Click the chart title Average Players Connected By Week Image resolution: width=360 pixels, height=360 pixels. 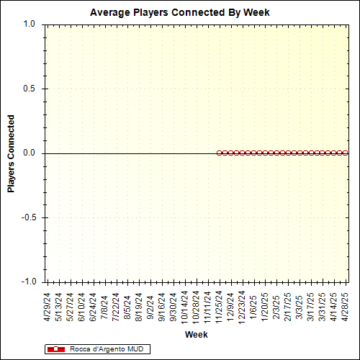pyautogui.click(x=180, y=12)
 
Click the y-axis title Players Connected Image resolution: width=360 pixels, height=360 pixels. pyautogui.click(x=12, y=153)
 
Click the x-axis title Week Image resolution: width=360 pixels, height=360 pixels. pyautogui.click(x=196, y=336)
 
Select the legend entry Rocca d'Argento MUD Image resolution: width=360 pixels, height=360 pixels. pyautogui.click(x=100, y=349)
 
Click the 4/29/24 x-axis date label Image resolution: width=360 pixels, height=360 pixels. pyautogui.click(x=48, y=305)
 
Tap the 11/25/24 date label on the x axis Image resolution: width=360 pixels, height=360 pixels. pyautogui.click(x=220, y=307)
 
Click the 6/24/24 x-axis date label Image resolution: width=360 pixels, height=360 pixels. pyautogui.click(x=94, y=305)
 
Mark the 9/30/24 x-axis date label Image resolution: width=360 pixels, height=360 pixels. pyautogui.click(x=174, y=305)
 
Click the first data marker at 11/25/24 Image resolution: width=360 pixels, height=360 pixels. pyautogui.click(x=219, y=153)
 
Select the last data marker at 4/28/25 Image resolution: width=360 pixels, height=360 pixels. pyautogui.click(x=346, y=153)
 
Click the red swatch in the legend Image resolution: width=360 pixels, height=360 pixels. pyautogui.click(x=55, y=349)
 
